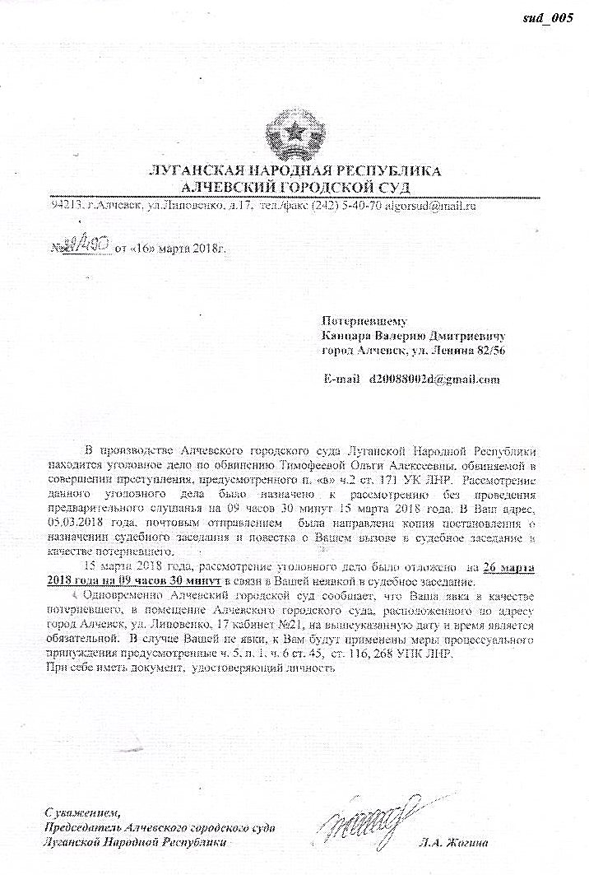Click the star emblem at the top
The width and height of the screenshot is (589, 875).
(x=294, y=135)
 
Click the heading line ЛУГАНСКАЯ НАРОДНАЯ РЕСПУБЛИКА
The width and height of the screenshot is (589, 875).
(x=293, y=170)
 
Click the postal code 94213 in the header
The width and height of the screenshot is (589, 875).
(x=66, y=205)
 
